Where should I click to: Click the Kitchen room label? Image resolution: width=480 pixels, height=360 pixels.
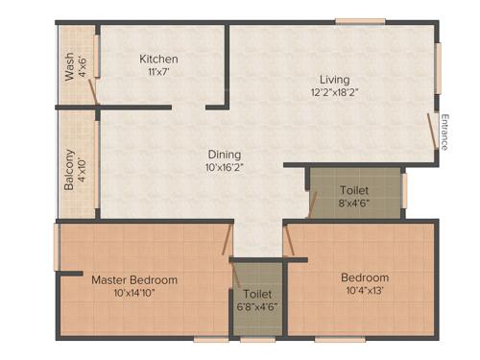158,60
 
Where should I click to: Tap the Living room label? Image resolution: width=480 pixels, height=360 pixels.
335,79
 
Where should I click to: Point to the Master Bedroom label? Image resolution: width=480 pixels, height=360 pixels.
134,280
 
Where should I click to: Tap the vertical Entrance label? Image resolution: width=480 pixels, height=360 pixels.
444,132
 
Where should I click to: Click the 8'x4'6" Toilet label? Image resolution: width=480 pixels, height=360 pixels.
354,191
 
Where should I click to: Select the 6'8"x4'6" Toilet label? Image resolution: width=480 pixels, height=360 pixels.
256,294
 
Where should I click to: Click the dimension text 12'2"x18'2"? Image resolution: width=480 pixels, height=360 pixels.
335,94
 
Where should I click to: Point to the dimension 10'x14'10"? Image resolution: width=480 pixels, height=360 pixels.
134,295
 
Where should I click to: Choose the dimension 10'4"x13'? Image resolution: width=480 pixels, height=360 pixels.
366,293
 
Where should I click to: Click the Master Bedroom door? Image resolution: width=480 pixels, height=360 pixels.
228,237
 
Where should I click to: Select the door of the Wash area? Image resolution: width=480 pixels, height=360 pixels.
92,90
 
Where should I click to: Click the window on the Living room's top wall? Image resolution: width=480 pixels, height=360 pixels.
360,21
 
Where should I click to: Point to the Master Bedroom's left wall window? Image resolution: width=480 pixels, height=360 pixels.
57,247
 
